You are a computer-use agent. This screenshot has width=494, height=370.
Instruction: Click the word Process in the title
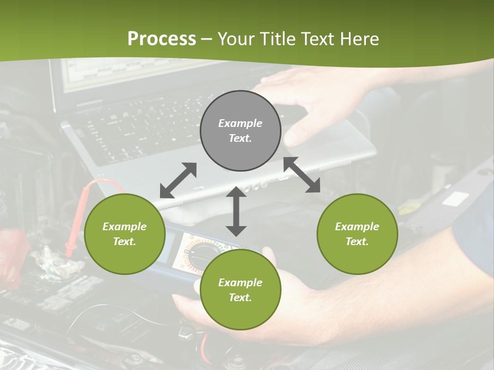(x=162, y=39)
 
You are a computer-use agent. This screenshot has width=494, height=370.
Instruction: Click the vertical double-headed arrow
(x=236, y=211)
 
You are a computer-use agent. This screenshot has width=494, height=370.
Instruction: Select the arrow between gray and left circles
(x=178, y=180)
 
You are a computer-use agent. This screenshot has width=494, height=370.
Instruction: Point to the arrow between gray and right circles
(x=302, y=175)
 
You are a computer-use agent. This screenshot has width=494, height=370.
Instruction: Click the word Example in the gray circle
(x=240, y=123)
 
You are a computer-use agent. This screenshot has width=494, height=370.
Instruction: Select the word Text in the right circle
(x=357, y=242)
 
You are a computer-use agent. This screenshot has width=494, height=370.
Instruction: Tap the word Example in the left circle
(x=125, y=227)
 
